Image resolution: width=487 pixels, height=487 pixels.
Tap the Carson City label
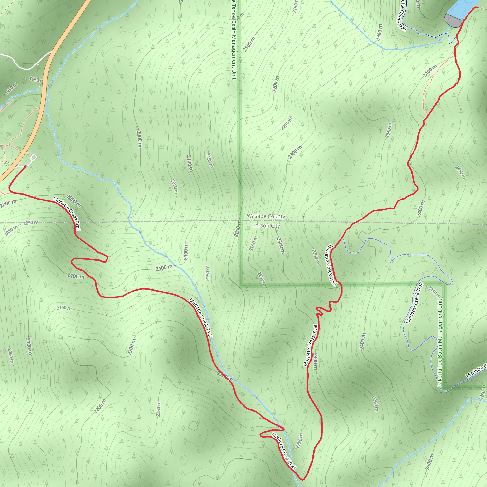[x=266, y=226]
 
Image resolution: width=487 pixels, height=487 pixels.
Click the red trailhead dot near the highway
[x=25, y=166]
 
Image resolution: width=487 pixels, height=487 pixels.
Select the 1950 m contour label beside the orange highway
[x=36, y=80]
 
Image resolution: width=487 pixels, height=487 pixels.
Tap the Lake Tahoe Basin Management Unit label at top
[x=234, y=40]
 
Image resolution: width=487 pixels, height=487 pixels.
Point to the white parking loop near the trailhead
[x=34, y=158]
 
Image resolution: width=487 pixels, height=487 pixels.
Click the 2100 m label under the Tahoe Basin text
[x=249, y=44]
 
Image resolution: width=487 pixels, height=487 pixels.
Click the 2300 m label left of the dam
[x=379, y=32]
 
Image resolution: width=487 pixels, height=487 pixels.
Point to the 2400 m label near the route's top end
[x=430, y=71]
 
